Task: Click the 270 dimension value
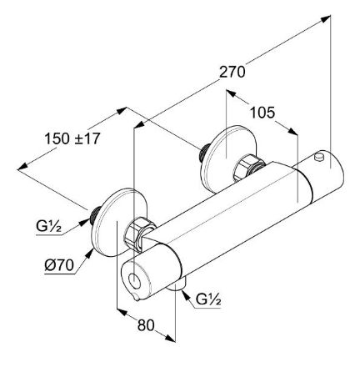click(232, 72)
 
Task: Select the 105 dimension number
click(262, 113)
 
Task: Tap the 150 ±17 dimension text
click(72, 138)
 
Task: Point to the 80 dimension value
click(146, 324)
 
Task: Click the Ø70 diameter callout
click(59, 265)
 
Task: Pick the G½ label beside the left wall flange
click(48, 227)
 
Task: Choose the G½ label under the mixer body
click(208, 299)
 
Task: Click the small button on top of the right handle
click(318, 156)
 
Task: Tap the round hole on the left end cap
click(136, 280)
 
